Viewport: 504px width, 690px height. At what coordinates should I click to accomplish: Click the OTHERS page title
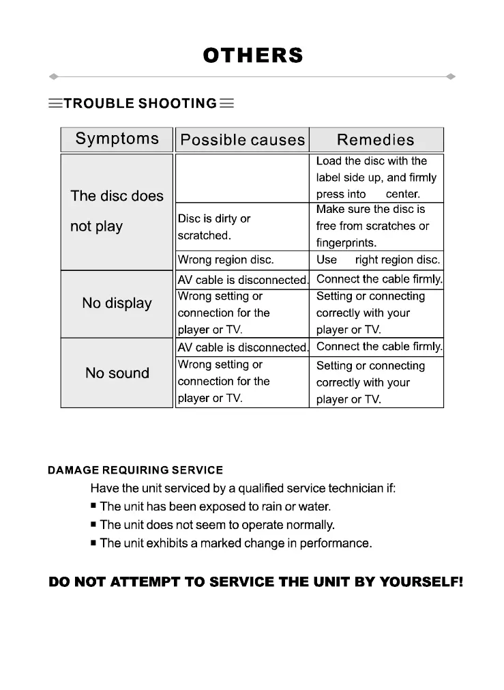pos(252,55)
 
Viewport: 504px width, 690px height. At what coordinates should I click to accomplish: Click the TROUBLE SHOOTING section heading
pos(140,104)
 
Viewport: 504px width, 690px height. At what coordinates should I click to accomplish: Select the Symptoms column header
pos(117,139)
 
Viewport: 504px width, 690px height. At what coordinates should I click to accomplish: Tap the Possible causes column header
pos(242,140)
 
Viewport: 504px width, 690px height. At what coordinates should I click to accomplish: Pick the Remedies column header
pos(376,140)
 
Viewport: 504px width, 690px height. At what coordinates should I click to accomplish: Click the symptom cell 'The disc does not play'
pos(117,211)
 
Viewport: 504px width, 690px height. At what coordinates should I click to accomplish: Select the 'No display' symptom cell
pos(117,304)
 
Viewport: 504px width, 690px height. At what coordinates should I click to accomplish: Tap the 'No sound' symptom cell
pos(117,373)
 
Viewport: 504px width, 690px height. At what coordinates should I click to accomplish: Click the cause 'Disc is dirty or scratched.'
pos(214,227)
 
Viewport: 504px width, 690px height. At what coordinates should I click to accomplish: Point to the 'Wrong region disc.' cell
pos(226,260)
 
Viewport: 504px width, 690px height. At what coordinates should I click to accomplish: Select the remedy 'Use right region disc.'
pos(378,260)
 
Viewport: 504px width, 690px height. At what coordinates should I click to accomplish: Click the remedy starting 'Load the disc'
pos(376,177)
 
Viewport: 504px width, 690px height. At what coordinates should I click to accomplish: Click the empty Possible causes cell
pos(242,177)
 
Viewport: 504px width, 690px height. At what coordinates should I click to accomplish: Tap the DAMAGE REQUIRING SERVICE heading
pos(135,470)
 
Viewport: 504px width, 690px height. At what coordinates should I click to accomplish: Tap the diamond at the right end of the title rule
pos(451,76)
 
